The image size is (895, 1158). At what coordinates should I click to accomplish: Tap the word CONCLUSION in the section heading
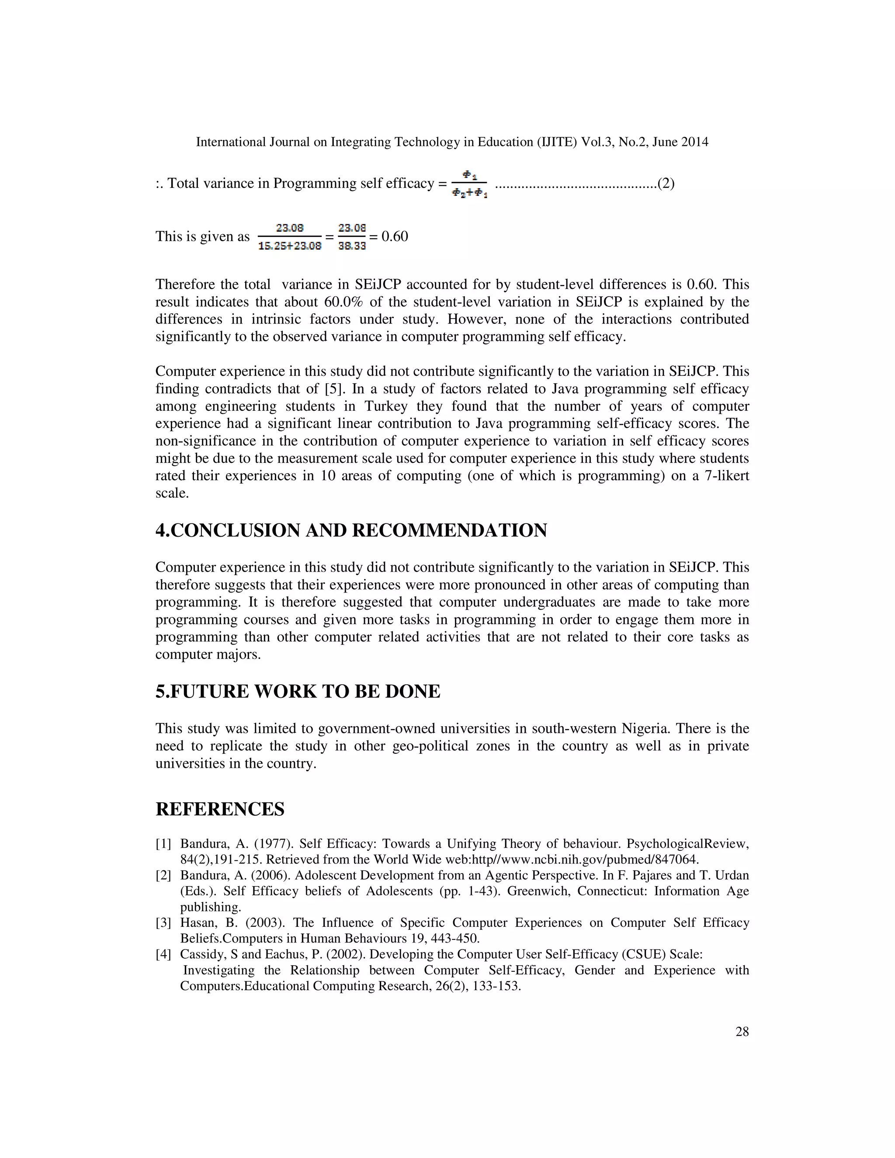[236, 530]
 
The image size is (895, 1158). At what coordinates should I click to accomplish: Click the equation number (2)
[666, 184]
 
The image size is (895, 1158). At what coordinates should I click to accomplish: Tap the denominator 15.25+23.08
[289, 246]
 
